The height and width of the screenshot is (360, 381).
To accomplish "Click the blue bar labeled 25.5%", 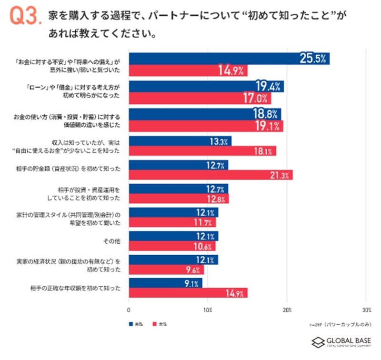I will (229, 58).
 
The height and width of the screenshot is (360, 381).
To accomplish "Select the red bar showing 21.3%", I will (211, 175).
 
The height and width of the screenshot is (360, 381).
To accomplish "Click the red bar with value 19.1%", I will (206, 126).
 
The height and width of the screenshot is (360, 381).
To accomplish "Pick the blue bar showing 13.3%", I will (180, 141).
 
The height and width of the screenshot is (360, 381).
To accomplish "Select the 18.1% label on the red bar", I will (262, 152).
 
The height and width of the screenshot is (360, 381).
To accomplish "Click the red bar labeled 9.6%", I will (166, 269).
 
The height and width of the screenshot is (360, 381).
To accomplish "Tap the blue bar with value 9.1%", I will (165, 283).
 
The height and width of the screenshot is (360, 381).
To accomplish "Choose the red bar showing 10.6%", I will (172, 246).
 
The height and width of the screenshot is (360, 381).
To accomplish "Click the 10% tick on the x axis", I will (208, 310).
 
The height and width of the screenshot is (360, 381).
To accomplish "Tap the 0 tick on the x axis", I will (129, 310).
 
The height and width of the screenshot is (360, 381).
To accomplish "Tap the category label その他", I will (112, 241).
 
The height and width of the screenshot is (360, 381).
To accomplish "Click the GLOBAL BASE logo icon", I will (318, 342).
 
